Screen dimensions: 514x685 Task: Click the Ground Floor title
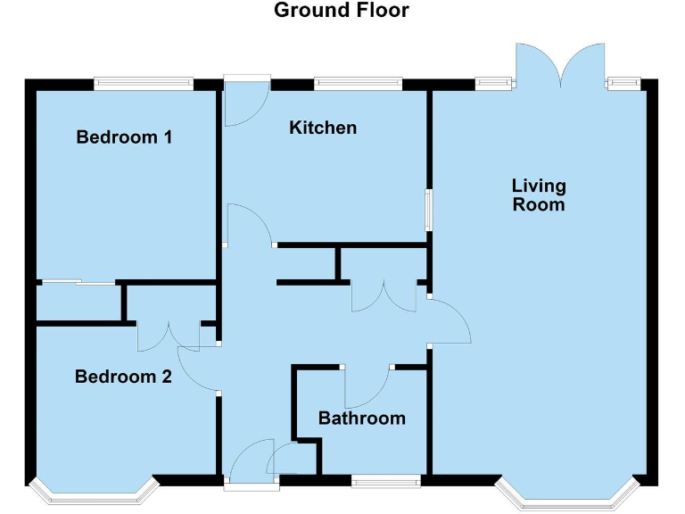click(341, 11)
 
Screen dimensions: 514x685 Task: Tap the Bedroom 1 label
click(124, 137)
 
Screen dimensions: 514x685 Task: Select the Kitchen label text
click(323, 128)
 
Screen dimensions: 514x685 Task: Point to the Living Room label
click(539, 195)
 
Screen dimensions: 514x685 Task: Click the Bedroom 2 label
click(123, 377)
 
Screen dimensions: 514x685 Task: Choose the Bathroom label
click(361, 418)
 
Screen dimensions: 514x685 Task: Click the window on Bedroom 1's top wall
click(144, 83)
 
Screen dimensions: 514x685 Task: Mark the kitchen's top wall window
click(357, 83)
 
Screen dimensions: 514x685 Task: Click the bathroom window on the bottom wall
click(385, 482)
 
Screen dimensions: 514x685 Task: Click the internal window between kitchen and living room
click(429, 210)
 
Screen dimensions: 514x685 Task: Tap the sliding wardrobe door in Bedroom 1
click(78, 284)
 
